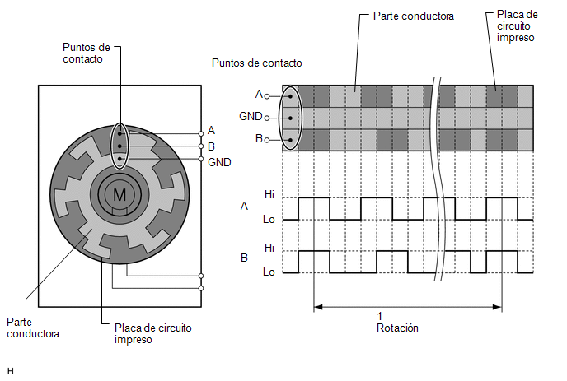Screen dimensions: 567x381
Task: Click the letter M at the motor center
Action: click(119, 195)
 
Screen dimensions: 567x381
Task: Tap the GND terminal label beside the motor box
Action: click(219, 162)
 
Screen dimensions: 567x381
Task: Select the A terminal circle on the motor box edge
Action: click(201, 134)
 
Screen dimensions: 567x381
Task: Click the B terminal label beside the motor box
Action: click(212, 146)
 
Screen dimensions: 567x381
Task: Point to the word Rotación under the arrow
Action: click(397, 328)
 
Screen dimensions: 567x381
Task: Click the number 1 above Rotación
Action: click(380, 316)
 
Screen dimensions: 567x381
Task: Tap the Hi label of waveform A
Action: click(269, 195)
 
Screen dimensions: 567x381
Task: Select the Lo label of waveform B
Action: click(269, 272)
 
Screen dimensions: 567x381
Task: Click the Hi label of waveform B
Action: click(269, 248)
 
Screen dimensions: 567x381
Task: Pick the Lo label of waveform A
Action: click(269, 219)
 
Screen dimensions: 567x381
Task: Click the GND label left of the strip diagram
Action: click(251, 116)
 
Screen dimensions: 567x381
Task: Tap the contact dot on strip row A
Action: click(290, 96)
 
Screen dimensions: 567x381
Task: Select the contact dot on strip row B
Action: click(290, 140)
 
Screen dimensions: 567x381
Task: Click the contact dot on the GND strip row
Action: click(290, 118)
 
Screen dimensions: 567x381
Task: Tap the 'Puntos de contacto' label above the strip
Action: click(257, 63)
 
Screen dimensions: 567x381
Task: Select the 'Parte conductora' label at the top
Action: click(414, 16)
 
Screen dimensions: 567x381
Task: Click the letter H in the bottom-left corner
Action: click(10, 371)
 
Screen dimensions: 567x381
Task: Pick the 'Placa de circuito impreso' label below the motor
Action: click(153, 334)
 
